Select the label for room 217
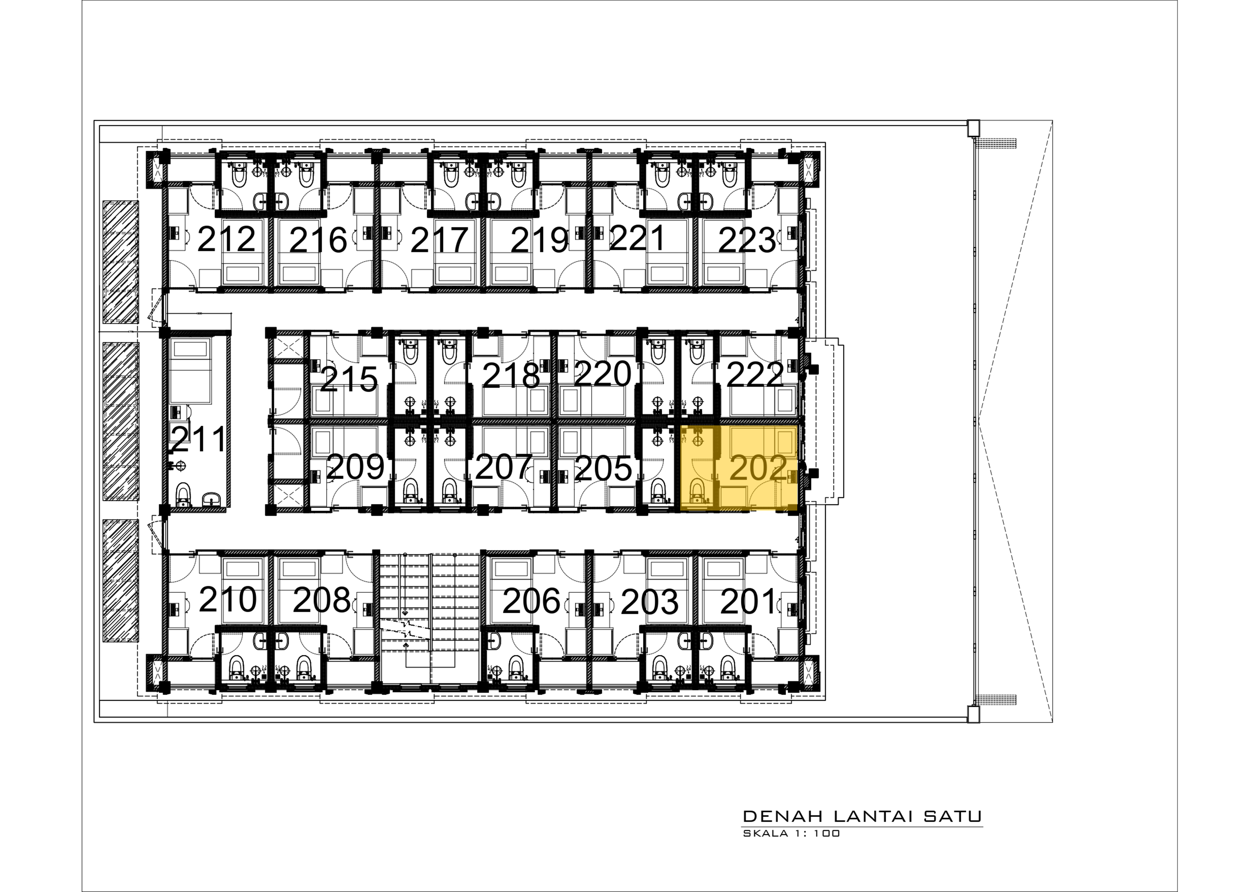(x=439, y=240)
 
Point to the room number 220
(x=602, y=374)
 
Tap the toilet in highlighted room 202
(x=697, y=490)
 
